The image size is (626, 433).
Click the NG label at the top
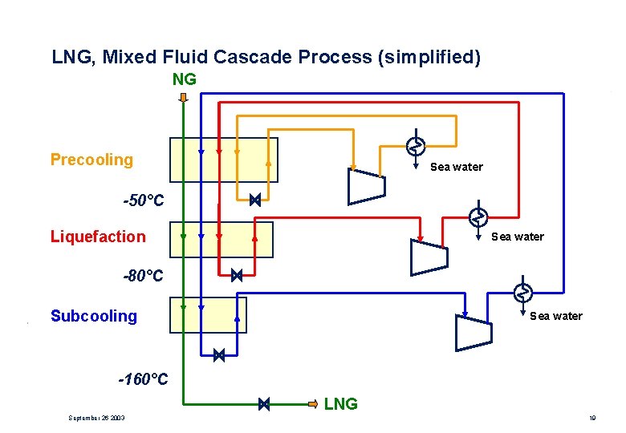tap(185, 79)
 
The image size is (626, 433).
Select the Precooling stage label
tap(91, 160)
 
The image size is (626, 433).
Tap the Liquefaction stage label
tap(98, 237)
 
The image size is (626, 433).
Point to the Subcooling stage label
tap(94, 316)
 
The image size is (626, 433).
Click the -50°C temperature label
tap(144, 200)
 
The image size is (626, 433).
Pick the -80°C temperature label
tap(143, 277)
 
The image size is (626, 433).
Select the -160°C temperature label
tap(144, 379)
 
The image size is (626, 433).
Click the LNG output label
tap(341, 404)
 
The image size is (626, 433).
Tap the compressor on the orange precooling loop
tap(367, 186)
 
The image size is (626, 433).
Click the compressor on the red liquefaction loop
tap(428, 257)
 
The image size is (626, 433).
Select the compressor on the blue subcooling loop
tap(472, 332)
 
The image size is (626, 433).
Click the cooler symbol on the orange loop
tap(415, 146)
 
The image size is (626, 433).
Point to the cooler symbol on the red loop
tap(478, 216)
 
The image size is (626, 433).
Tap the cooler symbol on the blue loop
tap(522, 293)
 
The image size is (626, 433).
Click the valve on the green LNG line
tap(264, 404)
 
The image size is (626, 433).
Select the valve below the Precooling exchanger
tap(255, 200)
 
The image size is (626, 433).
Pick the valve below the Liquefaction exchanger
tap(237, 276)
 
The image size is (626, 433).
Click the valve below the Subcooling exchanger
tap(219, 354)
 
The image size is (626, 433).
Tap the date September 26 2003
tap(97, 418)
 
